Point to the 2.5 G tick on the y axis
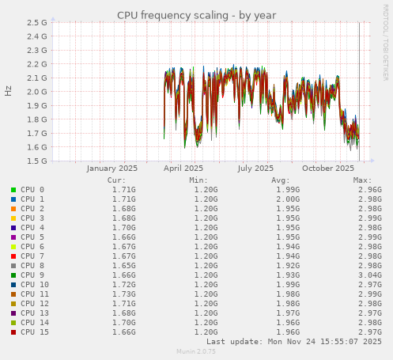36,22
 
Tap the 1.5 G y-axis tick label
36,161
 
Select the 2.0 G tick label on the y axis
36,92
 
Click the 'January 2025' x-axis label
111,168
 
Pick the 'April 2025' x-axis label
183,168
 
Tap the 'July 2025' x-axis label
255,168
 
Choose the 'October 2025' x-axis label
328,168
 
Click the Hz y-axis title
9,91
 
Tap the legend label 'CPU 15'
35,332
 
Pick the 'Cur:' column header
116,180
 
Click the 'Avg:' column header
281,180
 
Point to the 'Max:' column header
362,180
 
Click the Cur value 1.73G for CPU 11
123,294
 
